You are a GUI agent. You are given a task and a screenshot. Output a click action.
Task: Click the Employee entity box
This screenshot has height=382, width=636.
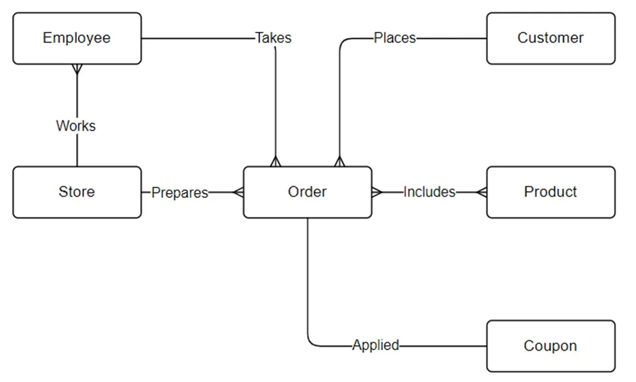tap(77, 38)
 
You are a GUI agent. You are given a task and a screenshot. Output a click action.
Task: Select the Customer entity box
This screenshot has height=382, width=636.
tap(551, 38)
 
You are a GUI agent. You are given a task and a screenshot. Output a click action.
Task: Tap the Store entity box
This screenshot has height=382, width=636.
tap(77, 192)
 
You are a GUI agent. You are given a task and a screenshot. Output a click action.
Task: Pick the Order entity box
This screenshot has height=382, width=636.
tap(307, 192)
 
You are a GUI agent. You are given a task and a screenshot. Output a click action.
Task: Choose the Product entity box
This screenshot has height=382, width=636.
tap(551, 192)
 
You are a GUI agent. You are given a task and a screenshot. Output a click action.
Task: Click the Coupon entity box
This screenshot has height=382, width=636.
tap(551, 346)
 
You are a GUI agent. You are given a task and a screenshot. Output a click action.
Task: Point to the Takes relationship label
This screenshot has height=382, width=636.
tap(274, 38)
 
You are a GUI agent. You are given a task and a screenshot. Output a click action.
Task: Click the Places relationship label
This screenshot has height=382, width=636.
tap(394, 38)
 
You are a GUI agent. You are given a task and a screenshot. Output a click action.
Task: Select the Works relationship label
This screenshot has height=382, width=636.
tap(76, 126)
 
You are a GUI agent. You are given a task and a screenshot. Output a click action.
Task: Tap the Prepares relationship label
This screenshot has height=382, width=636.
tap(180, 192)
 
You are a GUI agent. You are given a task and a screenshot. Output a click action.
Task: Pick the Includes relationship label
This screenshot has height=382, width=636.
tap(429, 192)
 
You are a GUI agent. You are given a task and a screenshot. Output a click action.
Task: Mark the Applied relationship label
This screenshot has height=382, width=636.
tap(375, 345)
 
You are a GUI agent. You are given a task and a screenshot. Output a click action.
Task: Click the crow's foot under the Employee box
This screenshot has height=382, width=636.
tap(77, 69)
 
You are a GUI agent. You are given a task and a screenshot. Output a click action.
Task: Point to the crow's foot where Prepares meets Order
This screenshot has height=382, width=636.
tap(238, 192)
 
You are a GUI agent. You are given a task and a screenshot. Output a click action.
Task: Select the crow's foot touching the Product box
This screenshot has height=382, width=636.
tap(481, 192)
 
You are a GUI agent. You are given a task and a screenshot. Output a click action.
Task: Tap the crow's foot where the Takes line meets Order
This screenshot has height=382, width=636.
tap(276, 161)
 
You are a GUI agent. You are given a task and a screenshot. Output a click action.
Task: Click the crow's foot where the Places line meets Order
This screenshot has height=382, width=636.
tap(339, 161)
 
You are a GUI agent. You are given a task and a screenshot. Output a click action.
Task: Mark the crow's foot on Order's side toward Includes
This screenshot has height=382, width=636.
tap(377, 192)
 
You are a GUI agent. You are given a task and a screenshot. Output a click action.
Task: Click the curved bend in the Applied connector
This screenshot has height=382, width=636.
tap(311, 343)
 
